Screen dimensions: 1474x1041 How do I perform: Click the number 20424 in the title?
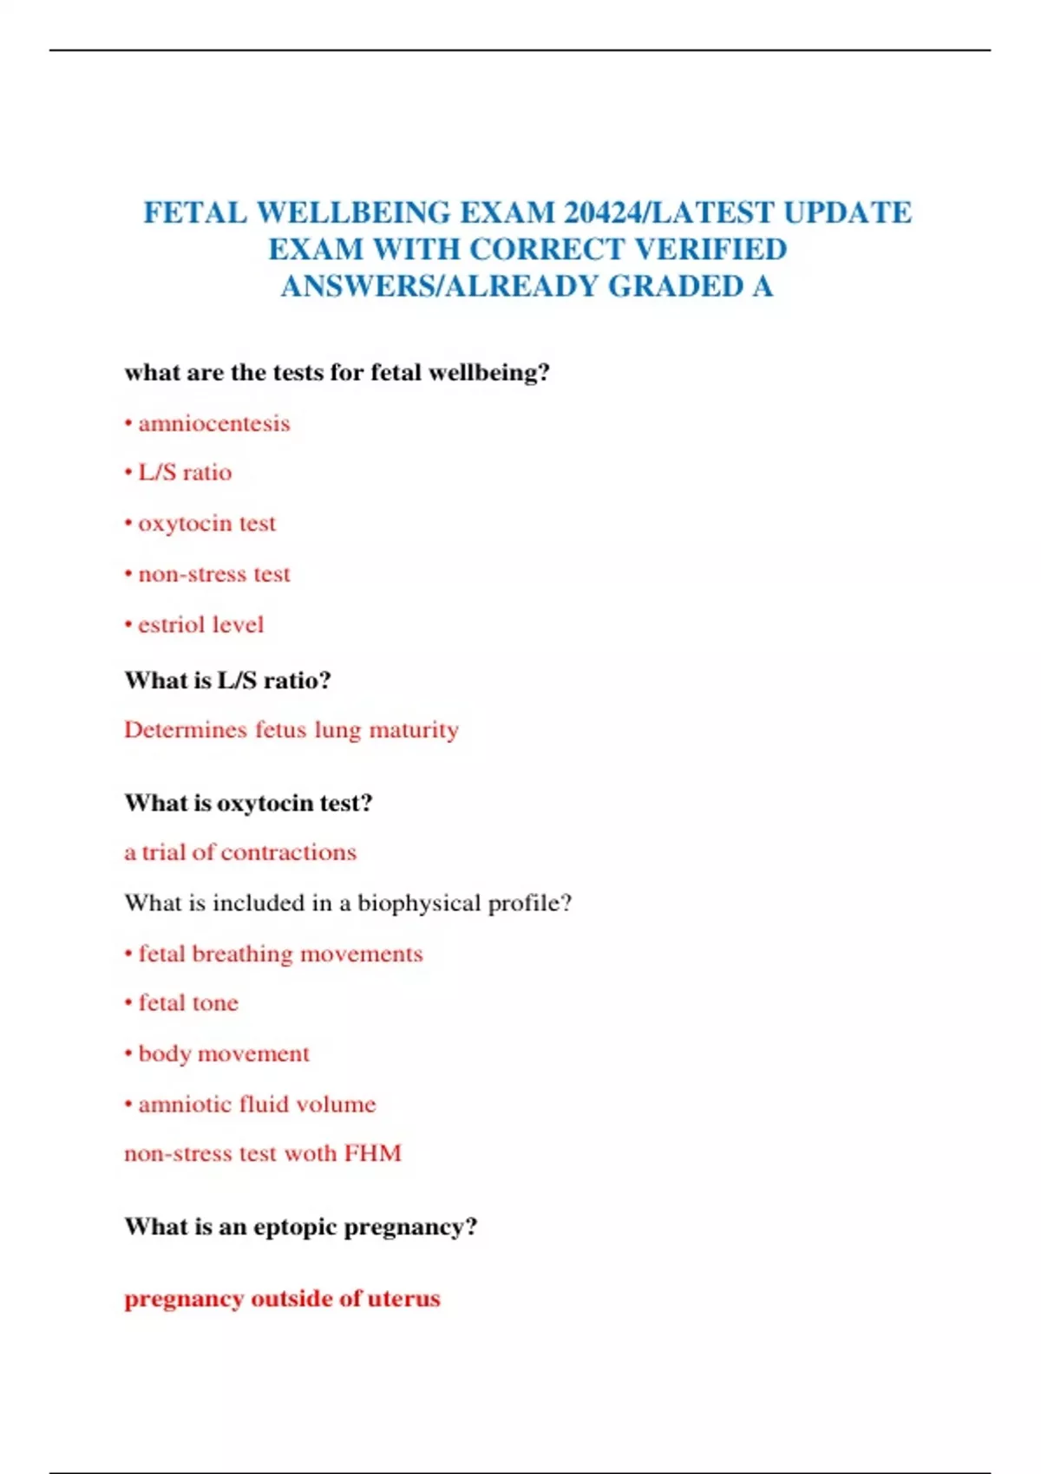(x=602, y=212)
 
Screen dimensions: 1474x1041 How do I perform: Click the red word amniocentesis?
(x=214, y=424)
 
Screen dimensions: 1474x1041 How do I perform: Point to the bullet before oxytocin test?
(x=128, y=524)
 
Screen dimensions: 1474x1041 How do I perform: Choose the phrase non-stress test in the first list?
(x=214, y=574)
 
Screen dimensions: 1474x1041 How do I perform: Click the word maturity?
(x=414, y=731)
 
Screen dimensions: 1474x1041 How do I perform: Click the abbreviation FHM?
(x=373, y=1154)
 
